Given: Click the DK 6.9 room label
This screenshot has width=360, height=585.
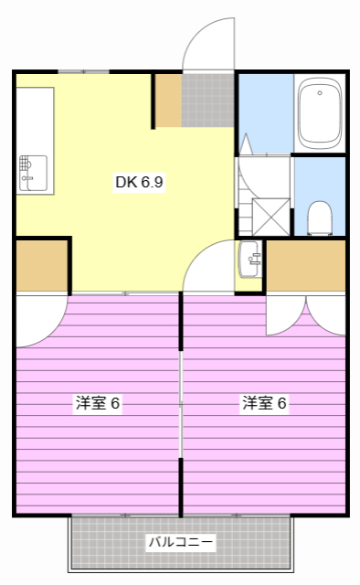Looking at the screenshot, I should click(139, 182).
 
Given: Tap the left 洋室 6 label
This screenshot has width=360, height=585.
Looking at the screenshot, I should click(98, 402).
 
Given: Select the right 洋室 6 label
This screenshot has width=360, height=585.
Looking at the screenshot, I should click(265, 402).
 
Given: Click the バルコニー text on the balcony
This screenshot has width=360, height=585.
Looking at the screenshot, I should click(181, 543).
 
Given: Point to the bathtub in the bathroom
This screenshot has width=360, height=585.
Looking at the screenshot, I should click(319, 114).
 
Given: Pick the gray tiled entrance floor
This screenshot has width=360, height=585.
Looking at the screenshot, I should click(207, 101).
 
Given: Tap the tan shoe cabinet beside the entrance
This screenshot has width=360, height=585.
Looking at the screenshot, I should click(167, 101).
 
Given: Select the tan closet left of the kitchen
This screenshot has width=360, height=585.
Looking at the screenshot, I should click(41, 266).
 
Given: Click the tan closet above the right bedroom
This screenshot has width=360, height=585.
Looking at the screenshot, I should click(305, 266).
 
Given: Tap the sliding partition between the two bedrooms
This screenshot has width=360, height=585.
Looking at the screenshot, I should click(181, 402).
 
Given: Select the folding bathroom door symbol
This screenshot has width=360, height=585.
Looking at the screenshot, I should click(246, 146).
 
